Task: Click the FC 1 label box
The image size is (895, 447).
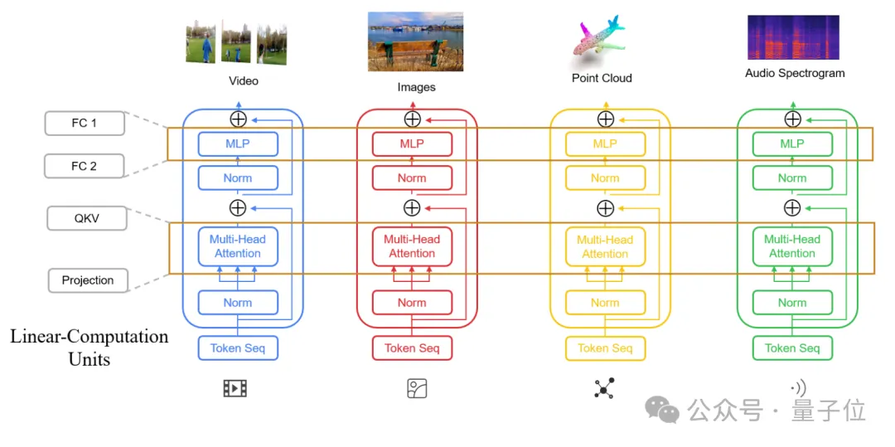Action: [85, 124]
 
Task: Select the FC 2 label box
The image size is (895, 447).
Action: [85, 166]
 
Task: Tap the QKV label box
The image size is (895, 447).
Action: [85, 218]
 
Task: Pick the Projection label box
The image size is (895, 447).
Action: [88, 280]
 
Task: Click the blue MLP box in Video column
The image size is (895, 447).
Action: [238, 143]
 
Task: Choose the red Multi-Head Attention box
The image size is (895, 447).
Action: [412, 246]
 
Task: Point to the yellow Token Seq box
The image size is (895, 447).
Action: [605, 348]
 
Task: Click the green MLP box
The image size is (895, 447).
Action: [792, 143]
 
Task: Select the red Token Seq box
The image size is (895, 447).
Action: [412, 348]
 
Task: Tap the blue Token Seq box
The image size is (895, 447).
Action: [238, 348]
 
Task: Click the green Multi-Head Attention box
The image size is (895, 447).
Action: [792, 246]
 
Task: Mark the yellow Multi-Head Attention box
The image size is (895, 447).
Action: [605, 246]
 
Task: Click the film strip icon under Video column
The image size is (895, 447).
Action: [235, 388]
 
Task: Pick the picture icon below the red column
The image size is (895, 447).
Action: [417, 388]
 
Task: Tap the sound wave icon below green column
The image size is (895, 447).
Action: [797, 388]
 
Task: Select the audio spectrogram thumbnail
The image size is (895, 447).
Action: [793, 37]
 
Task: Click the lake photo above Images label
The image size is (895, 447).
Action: [415, 41]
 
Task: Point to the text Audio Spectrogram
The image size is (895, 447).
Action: [795, 73]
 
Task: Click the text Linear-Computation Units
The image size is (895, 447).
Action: [89, 347]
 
